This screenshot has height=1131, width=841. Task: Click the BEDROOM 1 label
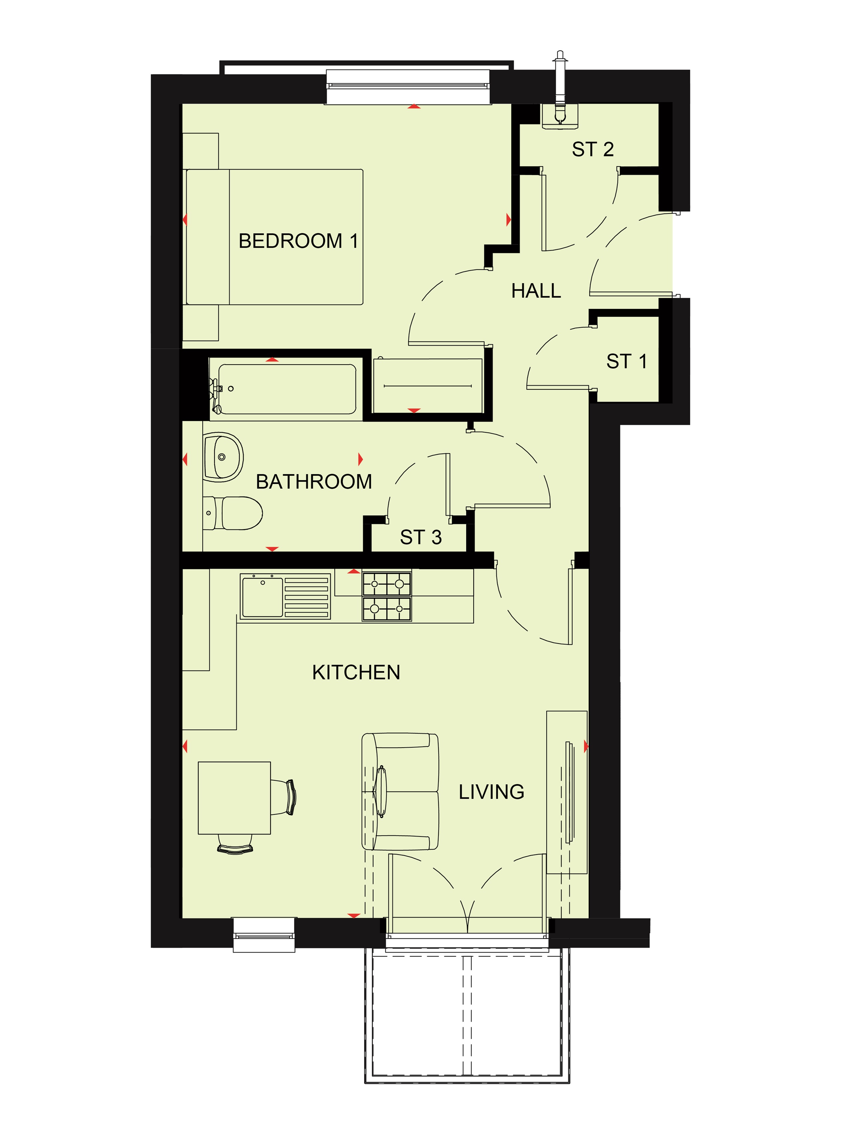[298, 241]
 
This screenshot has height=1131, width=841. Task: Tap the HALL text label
[536, 291]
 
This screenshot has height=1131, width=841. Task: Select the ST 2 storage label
[593, 149]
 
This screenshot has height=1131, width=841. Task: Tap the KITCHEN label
[356, 673]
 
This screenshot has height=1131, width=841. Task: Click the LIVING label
[491, 792]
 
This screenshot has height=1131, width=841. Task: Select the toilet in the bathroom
[233, 513]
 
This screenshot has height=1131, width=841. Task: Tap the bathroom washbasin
[223, 457]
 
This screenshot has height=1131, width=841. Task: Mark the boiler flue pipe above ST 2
[560, 86]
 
